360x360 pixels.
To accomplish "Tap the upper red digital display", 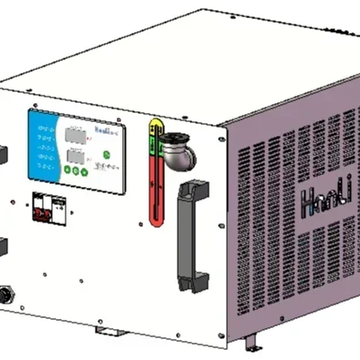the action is [74, 138].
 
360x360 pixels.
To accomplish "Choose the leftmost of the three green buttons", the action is [69, 172].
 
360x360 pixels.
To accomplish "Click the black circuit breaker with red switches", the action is [42, 207].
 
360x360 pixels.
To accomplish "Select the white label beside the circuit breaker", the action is [59, 208].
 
